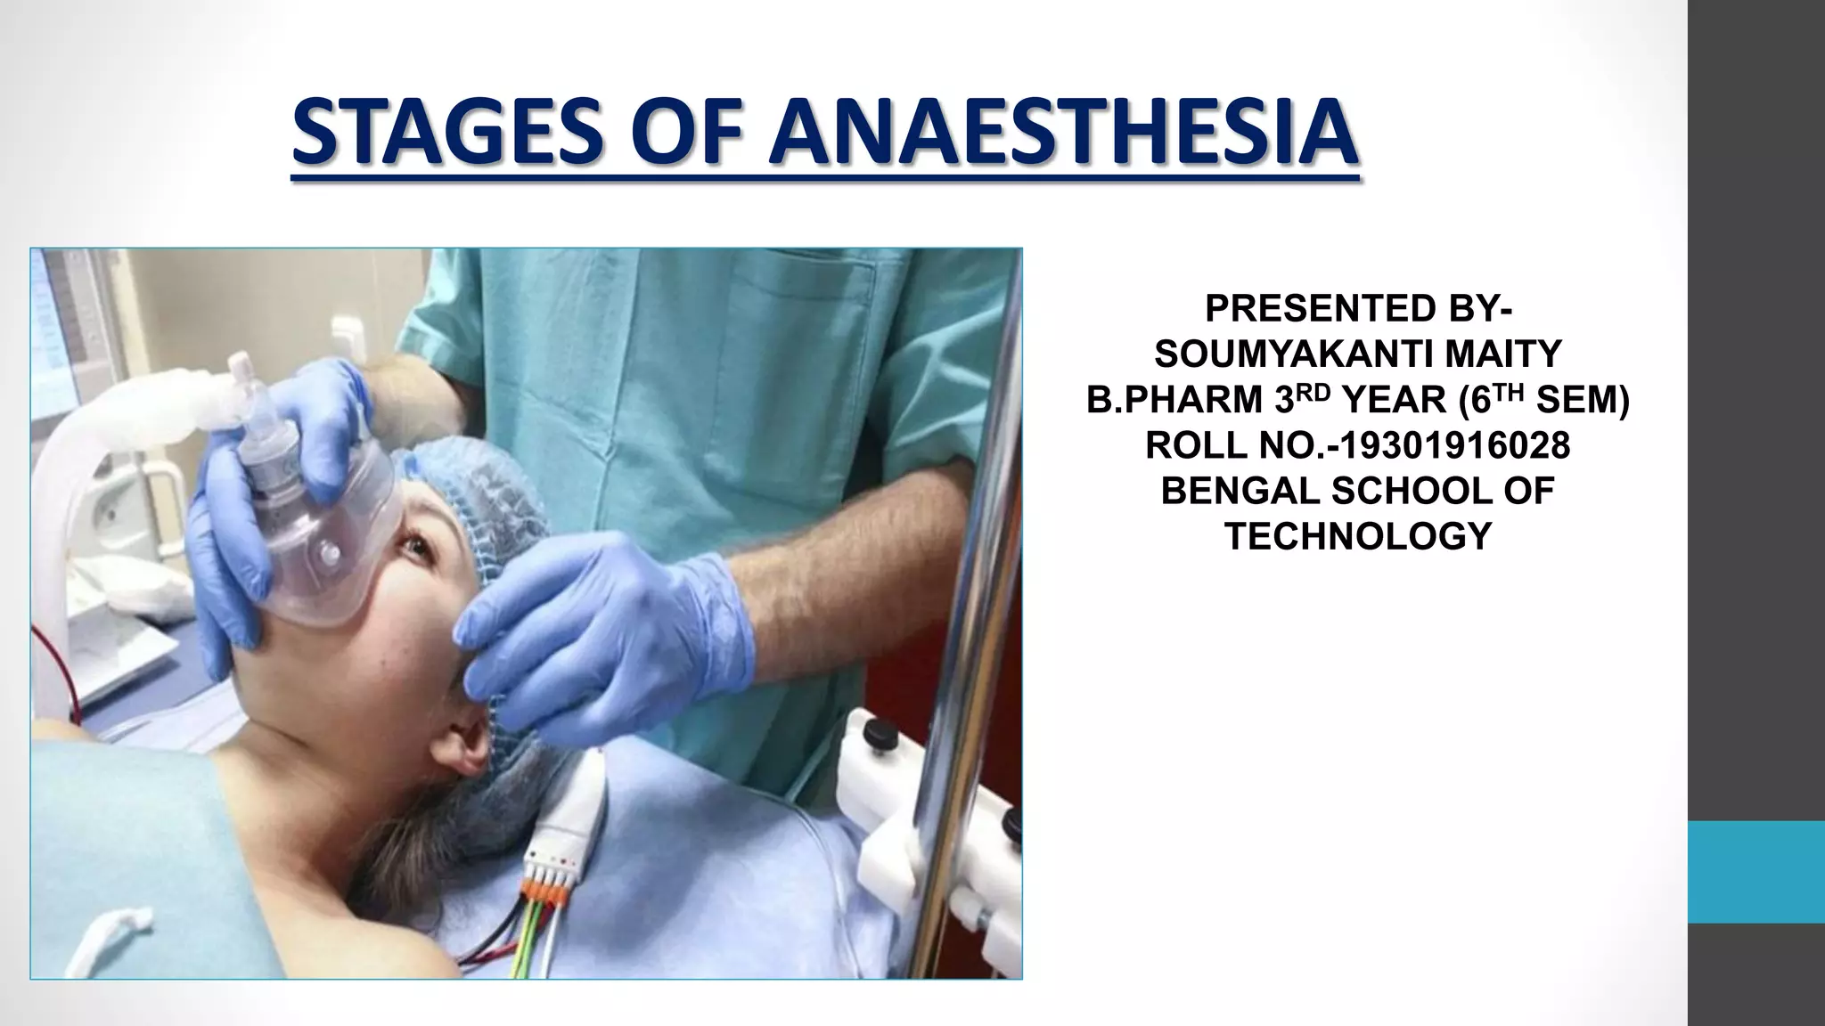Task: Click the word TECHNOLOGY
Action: click(1358, 537)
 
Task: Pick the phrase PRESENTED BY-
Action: click(1358, 309)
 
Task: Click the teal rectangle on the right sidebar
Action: click(1755, 872)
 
